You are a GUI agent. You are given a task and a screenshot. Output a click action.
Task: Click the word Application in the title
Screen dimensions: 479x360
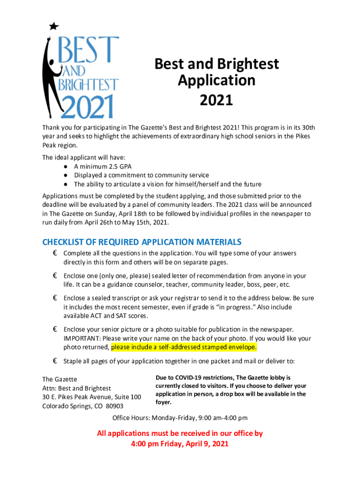pos(216,80)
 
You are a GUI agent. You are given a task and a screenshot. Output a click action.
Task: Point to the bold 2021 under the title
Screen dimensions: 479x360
pos(216,100)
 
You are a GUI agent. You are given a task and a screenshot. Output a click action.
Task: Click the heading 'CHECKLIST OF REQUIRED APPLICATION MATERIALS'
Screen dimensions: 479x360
pos(142,242)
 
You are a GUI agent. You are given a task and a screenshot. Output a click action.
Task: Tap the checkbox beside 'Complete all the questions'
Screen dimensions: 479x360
pos(55,253)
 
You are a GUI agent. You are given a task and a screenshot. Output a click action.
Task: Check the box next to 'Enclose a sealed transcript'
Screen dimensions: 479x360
pos(55,298)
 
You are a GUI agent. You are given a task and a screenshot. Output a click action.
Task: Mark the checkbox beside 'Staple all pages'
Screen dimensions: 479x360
pos(55,361)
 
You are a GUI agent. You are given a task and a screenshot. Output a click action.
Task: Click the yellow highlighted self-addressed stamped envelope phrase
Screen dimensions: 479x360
pos(184,347)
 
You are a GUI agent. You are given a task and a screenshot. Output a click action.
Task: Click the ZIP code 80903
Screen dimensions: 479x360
pos(115,406)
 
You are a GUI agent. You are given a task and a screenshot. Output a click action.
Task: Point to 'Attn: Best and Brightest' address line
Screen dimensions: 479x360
pos(77,388)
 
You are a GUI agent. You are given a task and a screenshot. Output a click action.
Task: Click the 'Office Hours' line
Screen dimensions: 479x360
pos(180,418)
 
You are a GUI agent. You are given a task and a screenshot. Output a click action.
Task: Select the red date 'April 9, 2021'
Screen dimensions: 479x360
pos(205,443)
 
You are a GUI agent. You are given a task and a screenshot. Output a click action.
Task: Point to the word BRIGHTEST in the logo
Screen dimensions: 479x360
pos(88,86)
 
